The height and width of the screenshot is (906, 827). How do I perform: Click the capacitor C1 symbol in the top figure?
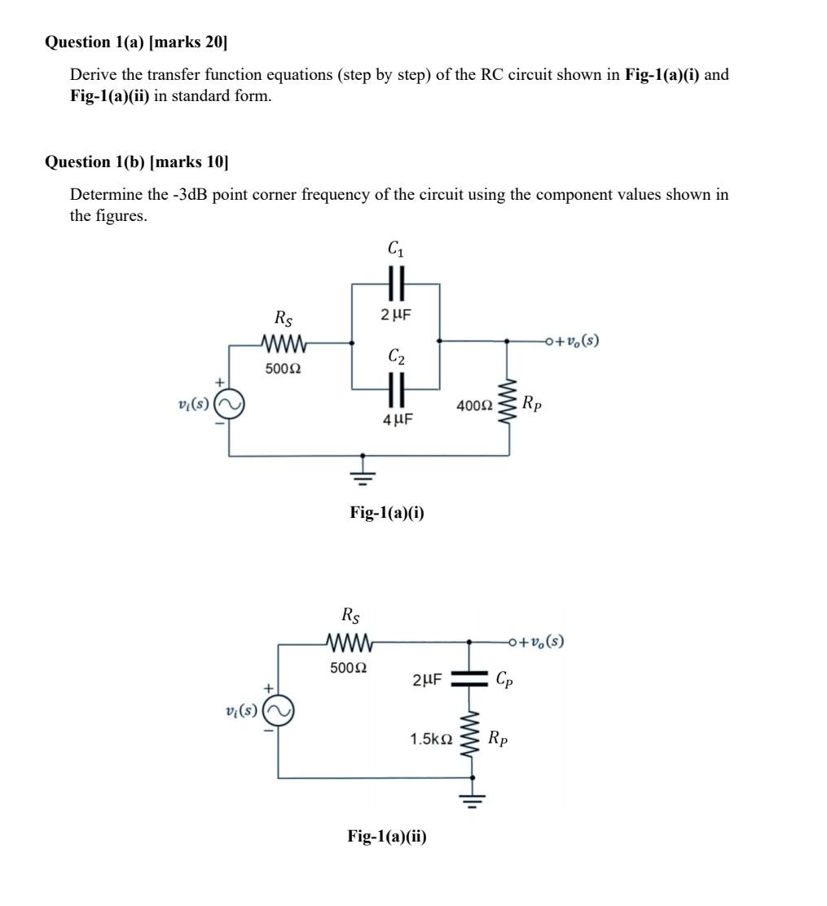point(396,283)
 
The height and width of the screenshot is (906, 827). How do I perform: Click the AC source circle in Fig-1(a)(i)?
point(227,404)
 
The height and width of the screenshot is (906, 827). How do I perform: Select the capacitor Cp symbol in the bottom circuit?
point(468,678)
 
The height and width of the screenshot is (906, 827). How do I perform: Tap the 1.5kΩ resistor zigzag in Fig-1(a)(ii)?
point(468,738)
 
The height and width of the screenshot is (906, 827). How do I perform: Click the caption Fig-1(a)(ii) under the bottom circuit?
point(387,836)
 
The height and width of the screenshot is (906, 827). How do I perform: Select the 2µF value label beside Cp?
point(428,679)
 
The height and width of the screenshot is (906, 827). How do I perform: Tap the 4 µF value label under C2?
point(397,420)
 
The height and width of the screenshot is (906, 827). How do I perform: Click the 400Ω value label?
point(475,404)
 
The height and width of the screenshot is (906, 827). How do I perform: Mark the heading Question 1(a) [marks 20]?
point(137,42)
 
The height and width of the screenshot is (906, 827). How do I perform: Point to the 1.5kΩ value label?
point(431,739)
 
